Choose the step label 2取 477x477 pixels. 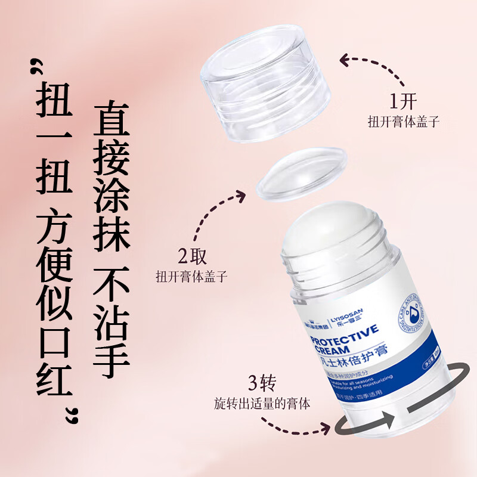coord(191,257)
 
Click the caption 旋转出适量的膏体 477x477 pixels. coord(262,402)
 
